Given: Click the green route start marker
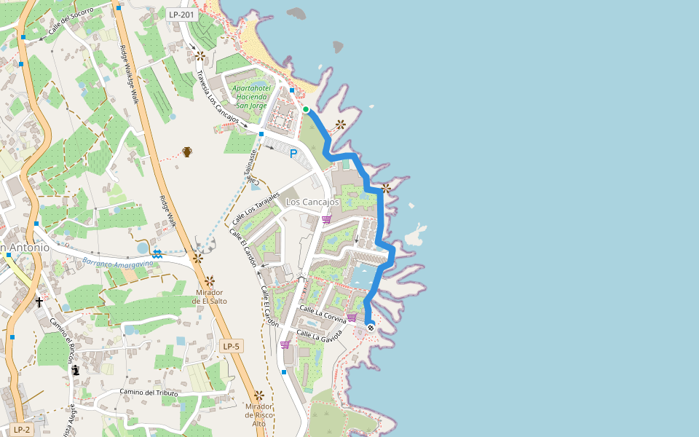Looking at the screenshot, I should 307,109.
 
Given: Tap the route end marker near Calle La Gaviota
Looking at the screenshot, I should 371,327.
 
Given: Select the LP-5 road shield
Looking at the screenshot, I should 231,346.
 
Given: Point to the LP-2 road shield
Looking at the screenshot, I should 22,429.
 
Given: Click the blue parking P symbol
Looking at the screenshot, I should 293,154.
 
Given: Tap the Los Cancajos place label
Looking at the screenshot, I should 313,202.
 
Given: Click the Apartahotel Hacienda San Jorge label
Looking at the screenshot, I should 250,97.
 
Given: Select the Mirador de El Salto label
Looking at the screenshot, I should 210,295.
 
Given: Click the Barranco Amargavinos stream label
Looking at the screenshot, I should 113,264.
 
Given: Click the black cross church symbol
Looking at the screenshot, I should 39,302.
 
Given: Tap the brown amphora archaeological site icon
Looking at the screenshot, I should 187,151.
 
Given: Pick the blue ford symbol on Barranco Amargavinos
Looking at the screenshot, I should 157,252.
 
